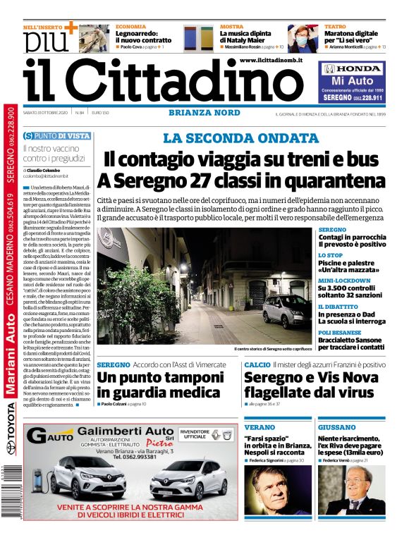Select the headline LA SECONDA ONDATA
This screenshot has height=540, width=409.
click(x=240, y=138)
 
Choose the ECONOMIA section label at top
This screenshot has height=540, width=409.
click(x=131, y=27)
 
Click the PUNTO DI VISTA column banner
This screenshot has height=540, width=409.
click(x=56, y=135)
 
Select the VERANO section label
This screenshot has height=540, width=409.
click(x=260, y=427)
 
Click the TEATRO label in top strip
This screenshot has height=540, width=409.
click(x=335, y=27)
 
